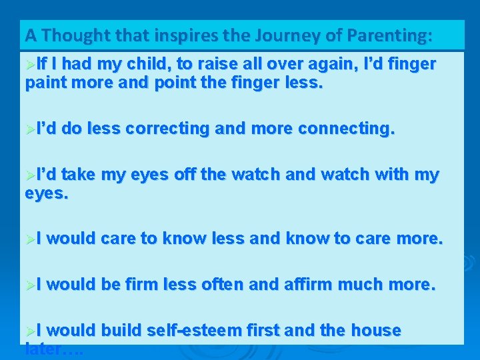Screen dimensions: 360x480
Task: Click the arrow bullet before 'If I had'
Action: click(x=30, y=65)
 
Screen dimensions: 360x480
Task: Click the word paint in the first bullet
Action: click(x=45, y=85)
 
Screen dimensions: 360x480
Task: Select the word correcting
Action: click(x=167, y=129)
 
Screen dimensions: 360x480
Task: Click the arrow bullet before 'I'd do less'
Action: click(x=30, y=129)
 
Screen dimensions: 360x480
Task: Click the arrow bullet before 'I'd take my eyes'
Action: click(x=30, y=175)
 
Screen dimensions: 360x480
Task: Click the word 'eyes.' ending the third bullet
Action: click(x=47, y=194)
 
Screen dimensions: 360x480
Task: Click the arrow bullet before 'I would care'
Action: click(x=30, y=239)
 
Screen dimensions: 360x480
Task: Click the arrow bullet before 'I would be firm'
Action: click(x=30, y=285)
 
